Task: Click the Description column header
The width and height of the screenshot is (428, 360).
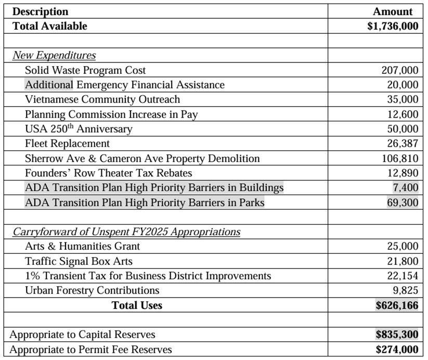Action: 40,11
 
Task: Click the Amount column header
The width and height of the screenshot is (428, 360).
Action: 393,11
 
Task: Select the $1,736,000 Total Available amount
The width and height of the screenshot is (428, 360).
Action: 393,26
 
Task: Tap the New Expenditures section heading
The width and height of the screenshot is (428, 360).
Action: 54,55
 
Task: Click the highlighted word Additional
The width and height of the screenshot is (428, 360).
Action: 49,85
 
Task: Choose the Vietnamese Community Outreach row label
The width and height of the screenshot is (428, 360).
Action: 102,99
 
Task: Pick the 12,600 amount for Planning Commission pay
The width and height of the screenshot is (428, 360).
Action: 403,114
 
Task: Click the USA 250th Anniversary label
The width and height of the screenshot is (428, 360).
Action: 79,128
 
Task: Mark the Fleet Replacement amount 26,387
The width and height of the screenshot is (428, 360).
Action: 403,144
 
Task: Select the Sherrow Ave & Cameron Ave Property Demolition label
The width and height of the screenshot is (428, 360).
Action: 142,158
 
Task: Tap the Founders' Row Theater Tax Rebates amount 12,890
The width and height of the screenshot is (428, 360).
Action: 403,173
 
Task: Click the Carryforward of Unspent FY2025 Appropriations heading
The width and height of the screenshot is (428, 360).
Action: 126,232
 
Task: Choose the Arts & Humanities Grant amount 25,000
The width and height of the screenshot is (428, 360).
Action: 403,247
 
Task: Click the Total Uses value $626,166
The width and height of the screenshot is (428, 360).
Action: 397,305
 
